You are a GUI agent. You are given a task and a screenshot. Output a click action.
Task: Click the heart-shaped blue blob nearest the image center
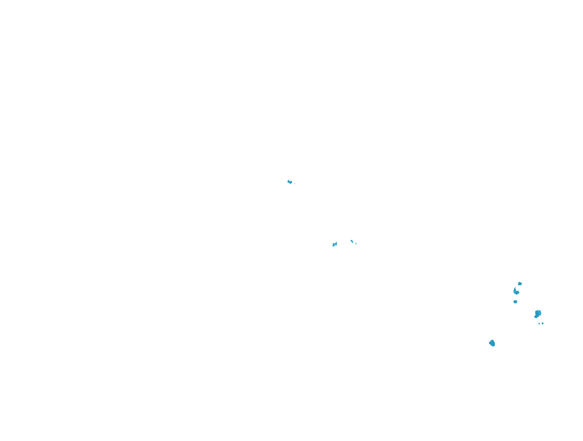click(x=290, y=182)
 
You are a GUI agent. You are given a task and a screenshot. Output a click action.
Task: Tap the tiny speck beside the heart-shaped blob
click(x=295, y=184)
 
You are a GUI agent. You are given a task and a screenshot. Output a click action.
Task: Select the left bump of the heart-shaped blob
click(x=288, y=181)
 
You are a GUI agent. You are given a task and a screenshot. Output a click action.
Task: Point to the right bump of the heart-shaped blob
click(x=291, y=182)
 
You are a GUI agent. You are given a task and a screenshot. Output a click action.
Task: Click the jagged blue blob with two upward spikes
click(x=334, y=245)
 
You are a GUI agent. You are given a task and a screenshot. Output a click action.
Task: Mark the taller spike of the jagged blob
click(x=336, y=243)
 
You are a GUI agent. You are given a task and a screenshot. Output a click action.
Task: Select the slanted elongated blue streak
click(x=352, y=241)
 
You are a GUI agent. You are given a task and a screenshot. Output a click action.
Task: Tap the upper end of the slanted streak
click(x=351, y=241)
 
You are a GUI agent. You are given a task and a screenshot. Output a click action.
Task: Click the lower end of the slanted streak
click(x=353, y=243)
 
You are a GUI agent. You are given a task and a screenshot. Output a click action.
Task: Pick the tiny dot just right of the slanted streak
click(x=356, y=244)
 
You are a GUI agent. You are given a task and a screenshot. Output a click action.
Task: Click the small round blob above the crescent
click(x=520, y=284)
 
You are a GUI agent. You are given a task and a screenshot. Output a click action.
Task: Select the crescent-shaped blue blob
click(x=516, y=291)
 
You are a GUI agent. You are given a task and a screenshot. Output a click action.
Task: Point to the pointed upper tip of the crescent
click(x=516, y=288)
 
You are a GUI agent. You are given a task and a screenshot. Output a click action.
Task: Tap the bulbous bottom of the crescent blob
click(x=517, y=293)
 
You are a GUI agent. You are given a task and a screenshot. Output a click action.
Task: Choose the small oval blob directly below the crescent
click(x=515, y=302)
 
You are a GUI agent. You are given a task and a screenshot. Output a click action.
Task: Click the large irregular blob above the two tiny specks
click(x=538, y=314)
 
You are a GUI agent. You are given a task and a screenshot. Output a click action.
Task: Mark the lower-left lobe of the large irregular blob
click(x=536, y=316)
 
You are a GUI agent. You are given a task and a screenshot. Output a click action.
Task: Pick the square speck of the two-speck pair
click(x=539, y=323)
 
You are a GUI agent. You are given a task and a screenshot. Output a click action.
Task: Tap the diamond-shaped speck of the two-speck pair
click(x=543, y=323)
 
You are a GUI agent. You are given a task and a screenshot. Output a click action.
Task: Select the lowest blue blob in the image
click(x=492, y=343)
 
